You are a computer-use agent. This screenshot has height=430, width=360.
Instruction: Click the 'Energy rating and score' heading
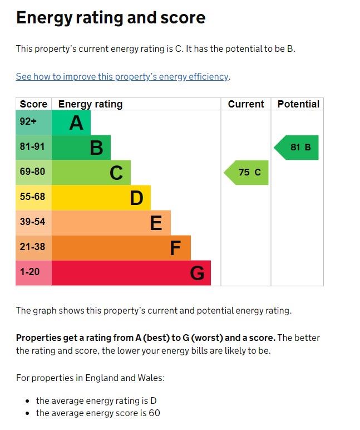click(x=111, y=18)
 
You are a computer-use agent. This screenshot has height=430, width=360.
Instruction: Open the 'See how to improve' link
click(x=122, y=76)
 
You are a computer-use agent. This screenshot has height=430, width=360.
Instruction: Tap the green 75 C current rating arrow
click(x=247, y=173)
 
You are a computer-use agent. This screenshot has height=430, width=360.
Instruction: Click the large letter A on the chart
click(x=76, y=123)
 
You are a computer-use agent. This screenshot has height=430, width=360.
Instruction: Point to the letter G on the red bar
click(x=197, y=273)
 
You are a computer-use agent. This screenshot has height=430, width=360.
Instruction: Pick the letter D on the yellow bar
click(x=136, y=198)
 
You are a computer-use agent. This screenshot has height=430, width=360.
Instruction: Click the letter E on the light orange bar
click(x=156, y=223)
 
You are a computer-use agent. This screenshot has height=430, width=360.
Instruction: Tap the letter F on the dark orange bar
click(x=175, y=248)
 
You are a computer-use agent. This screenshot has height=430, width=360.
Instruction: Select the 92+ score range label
click(x=28, y=122)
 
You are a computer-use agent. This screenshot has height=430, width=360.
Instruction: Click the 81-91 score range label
click(x=32, y=147)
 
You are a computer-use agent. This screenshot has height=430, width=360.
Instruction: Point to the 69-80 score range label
click(x=32, y=172)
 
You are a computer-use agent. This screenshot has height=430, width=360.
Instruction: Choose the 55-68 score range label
click(x=32, y=197)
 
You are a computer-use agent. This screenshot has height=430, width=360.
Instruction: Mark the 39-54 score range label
click(x=32, y=222)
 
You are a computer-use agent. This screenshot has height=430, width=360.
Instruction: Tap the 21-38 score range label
click(x=32, y=247)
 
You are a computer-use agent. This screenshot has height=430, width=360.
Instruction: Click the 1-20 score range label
click(x=30, y=272)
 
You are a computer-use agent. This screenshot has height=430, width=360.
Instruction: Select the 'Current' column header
click(x=246, y=104)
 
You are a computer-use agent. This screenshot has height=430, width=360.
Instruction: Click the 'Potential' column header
click(x=298, y=104)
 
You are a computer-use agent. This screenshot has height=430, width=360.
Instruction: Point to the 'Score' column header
click(x=33, y=104)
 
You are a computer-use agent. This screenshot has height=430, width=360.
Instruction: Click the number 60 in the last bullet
click(x=155, y=413)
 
